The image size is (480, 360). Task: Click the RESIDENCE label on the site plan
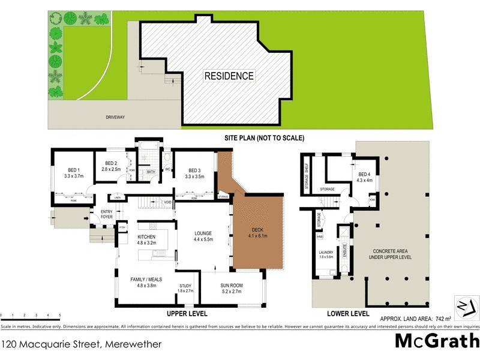point(229,76)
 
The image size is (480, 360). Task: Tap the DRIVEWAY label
point(115,117)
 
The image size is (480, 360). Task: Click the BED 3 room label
point(195,173)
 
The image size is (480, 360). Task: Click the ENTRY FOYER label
point(107,215)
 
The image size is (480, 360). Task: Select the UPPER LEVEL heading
point(187,314)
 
